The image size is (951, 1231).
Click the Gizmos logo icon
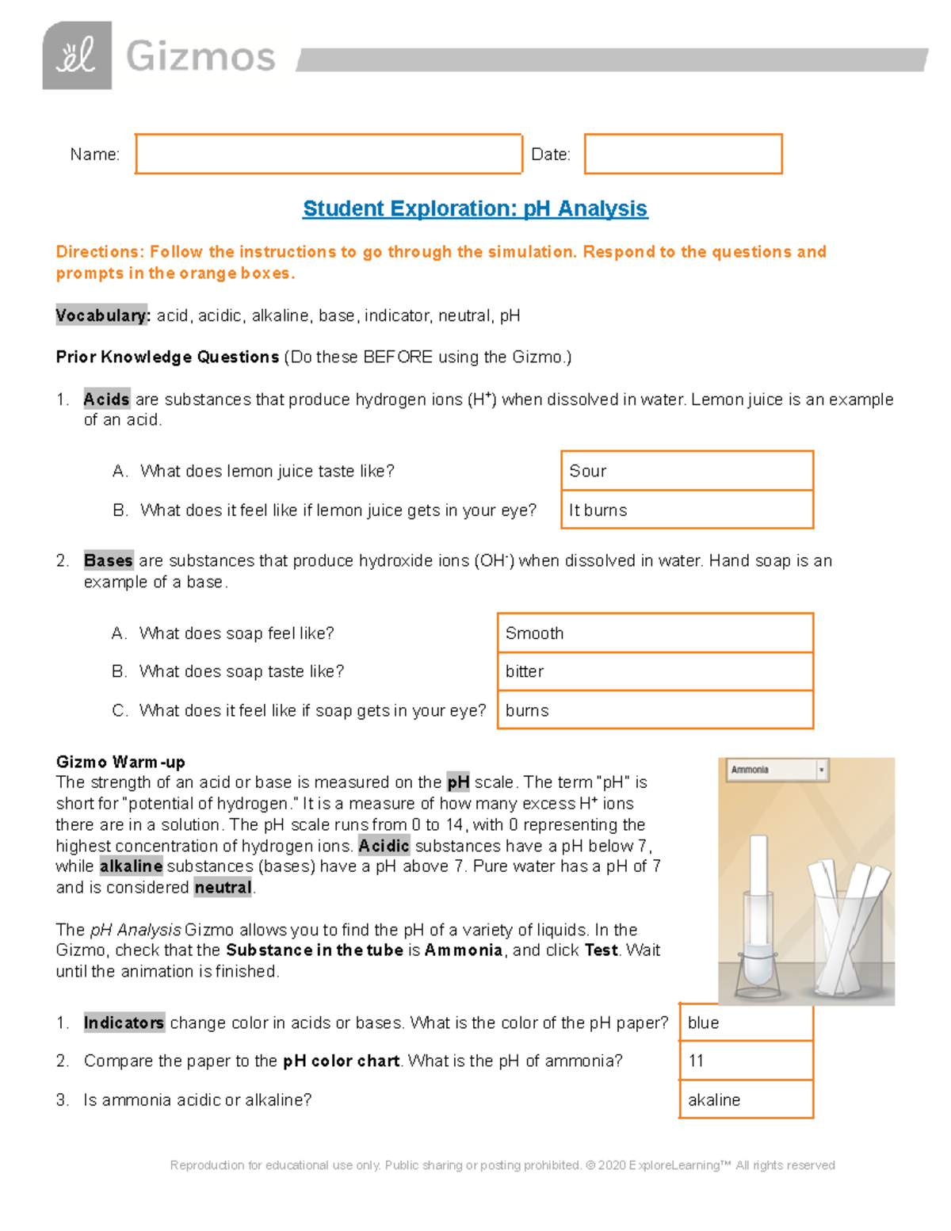pyautogui.click(x=77, y=55)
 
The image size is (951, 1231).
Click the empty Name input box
pyautogui.click(x=328, y=154)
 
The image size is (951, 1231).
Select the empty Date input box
pyautogui.click(x=682, y=154)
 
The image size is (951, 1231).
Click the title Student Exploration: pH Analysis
pyautogui.click(x=475, y=208)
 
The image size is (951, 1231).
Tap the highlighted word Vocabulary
pyautogui.click(x=102, y=315)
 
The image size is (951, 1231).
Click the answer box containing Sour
pyautogui.click(x=686, y=471)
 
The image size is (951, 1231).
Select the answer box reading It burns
pyautogui.click(x=686, y=510)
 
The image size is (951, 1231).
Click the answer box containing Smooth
pyautogui.click(x=655, y=633)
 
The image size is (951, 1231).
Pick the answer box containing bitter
pyautogui.click(x=655, y=671)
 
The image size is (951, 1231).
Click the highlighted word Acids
pyautogui.click(x=106, y=400)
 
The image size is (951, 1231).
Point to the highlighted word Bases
pyautogui.click(x=109, y=560)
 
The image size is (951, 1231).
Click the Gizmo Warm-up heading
pyautogui.click(x=120, y=762)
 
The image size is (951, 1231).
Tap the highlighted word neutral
pyautogui.click(x=223, y=887)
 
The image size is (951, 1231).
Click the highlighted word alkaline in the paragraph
pyautogui.click(x=131, y=866)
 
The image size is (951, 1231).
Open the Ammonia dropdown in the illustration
pyautogui.click(x=777, y=770)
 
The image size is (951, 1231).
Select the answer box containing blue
pyautogui.click(x=746, y=1023)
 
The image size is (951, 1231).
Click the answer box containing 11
pyautogui.click(x=746, y=1061)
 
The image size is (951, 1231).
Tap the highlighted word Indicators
pyautogui.click(x=124, y=1023)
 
